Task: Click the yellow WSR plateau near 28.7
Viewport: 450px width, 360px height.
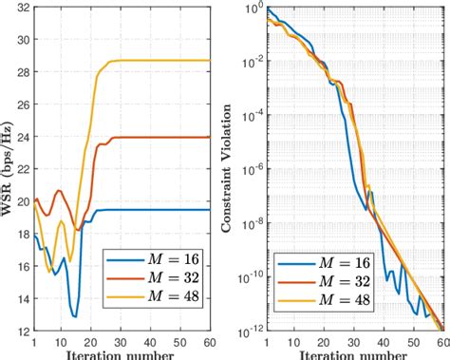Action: pos(161,61)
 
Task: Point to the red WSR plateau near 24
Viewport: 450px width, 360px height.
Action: pos(161,137)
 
